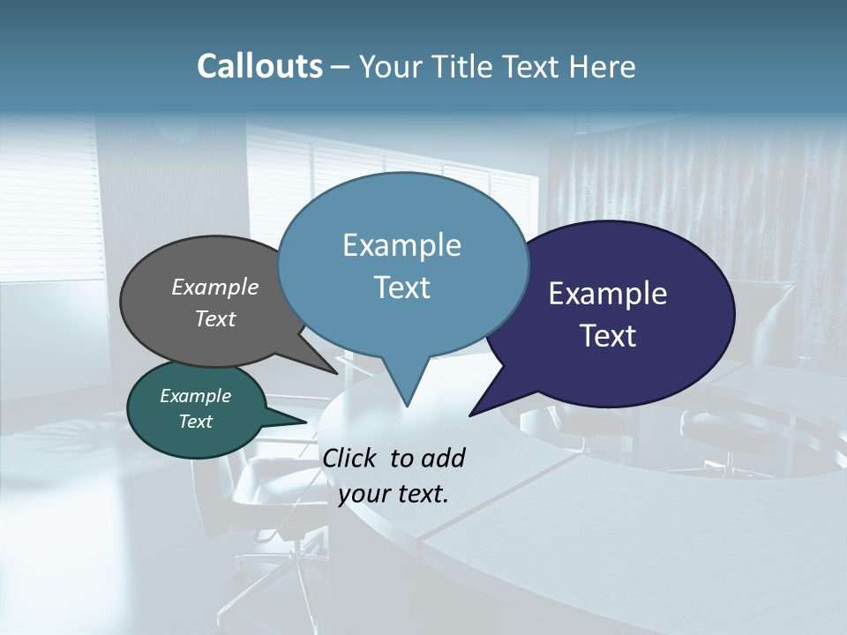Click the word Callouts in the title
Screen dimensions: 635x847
coord(259,66)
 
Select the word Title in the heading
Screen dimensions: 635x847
coord(465,66)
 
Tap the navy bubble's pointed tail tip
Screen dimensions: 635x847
coord(470,415)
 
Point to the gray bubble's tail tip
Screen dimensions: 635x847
coord(337,373)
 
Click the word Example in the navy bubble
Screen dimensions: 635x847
coord(607,294)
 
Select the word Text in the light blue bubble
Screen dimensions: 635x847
coord(401,288)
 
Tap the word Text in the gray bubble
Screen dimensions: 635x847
coord(214,319)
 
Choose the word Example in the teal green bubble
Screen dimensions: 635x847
coord(195,396)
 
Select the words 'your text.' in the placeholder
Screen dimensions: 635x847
coord(394,495)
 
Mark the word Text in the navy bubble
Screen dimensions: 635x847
coord(608,336)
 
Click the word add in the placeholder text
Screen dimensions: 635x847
coord(442,458)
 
